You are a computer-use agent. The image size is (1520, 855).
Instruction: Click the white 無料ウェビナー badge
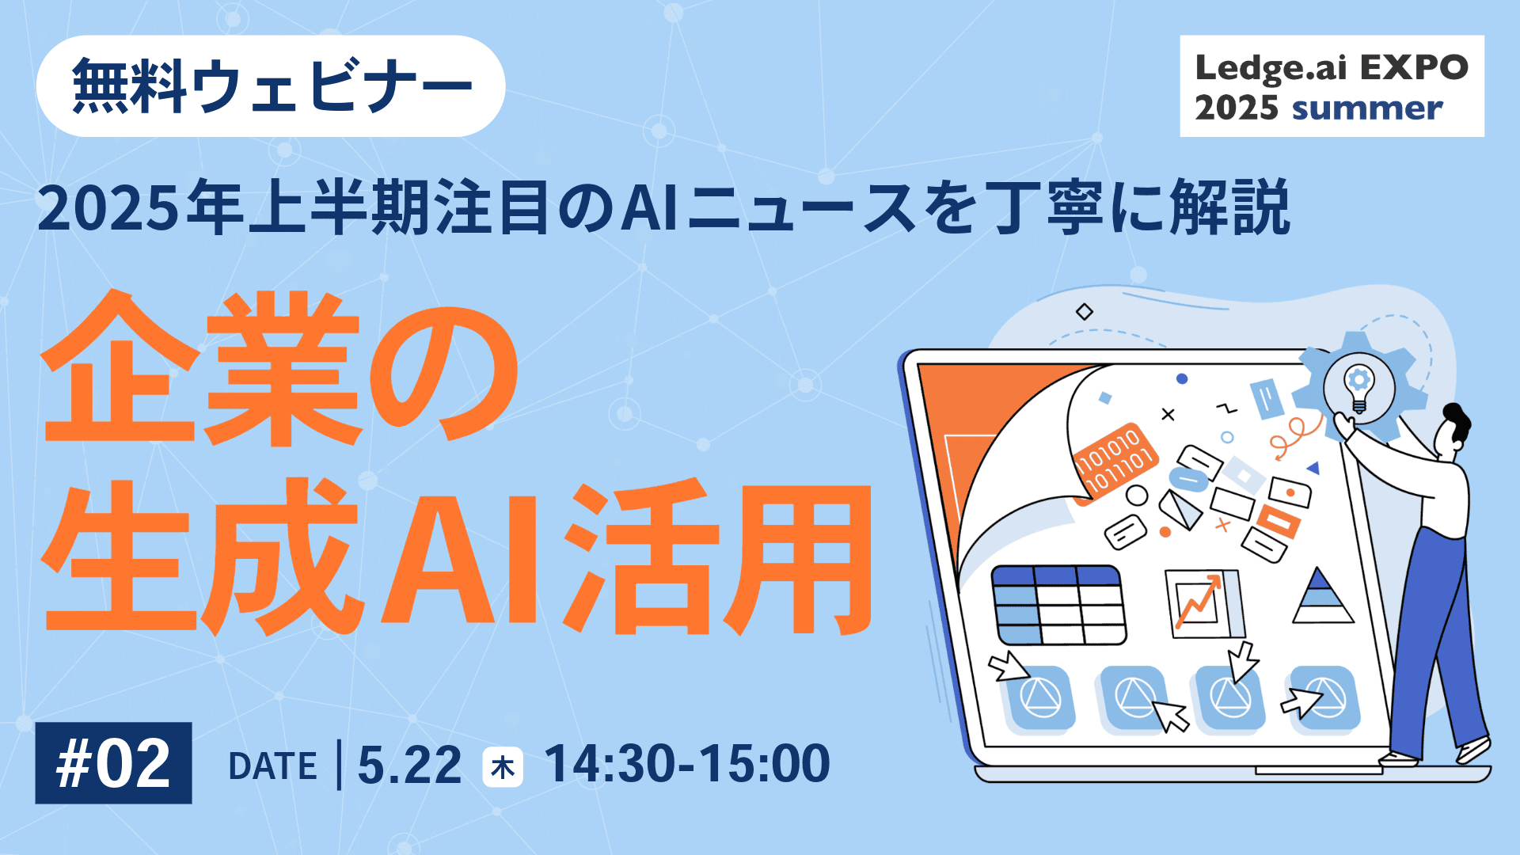pos(271,86)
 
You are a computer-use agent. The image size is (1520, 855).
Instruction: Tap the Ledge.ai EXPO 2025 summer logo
pos(1332,86)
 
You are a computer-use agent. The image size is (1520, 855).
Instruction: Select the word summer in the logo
pos(1366,108)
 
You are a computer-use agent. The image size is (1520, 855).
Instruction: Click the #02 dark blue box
pos(114,763)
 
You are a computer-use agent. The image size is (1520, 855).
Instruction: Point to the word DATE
pos(272,766)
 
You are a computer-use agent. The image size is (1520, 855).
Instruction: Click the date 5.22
pos(409,765)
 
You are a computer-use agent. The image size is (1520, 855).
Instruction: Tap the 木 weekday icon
pos(503,766)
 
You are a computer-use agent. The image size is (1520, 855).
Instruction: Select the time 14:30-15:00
pos(687,764)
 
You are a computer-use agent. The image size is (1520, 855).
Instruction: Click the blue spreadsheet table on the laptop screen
pos(1059,605)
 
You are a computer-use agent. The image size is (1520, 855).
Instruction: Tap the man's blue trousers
pos(1433,633)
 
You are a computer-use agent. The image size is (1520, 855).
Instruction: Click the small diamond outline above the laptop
pos(1085,312)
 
